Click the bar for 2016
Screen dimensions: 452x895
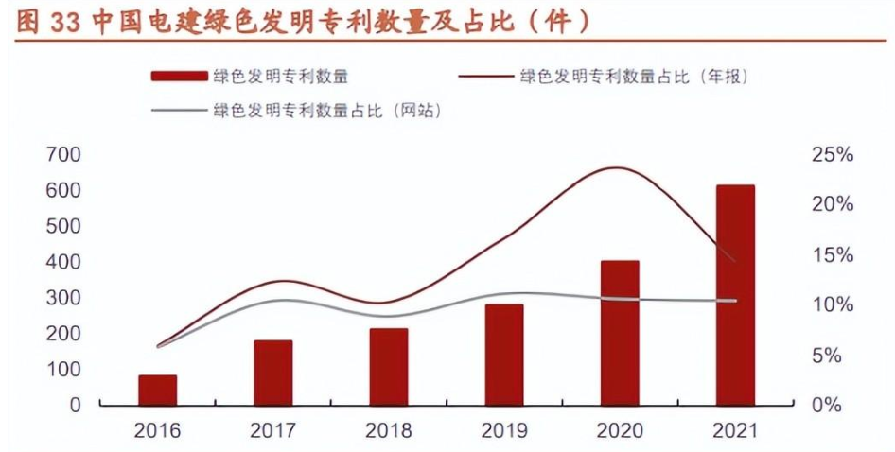(x=157, y=390)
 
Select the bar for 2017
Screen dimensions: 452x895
(x=272, y=373)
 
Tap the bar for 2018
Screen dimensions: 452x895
(x=388, y=367)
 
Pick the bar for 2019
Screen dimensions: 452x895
(x=503, y=355)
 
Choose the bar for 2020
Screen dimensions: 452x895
(x=620, y=333)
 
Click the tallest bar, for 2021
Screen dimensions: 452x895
(x=735, y=295)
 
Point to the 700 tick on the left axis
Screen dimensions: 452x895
(x=63, y=154)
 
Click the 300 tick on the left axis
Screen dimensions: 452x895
(x=63, y=298)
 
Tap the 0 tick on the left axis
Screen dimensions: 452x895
(x=76, y=406)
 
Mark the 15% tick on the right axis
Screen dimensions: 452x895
(x=833, y=255)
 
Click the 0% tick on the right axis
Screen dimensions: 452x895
(x=829, y=406)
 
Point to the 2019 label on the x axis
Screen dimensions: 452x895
(x=503, y=431)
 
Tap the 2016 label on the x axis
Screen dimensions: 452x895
(x=157, y=431)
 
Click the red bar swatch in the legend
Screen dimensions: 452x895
(x=178, y=77)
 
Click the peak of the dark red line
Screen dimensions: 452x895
(x=617, y=168)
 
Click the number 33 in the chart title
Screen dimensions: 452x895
(x=66, y=22)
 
